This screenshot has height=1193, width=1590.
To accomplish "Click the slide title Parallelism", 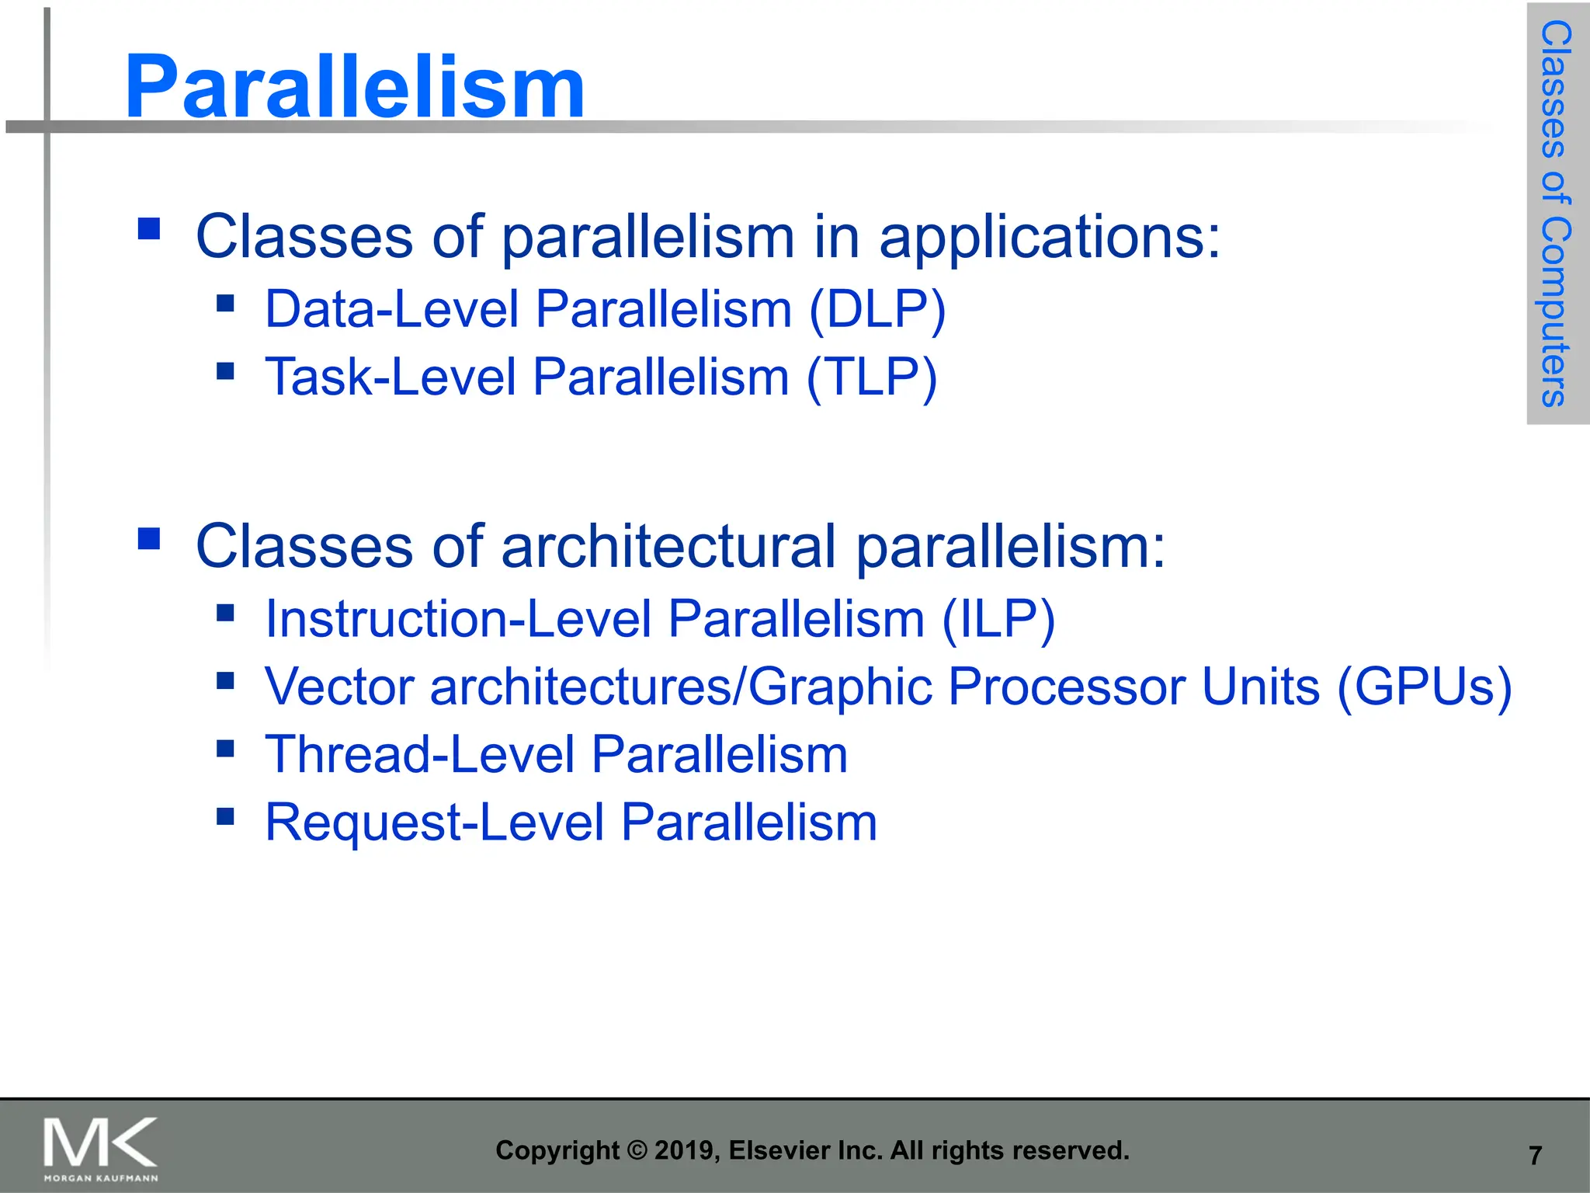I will tap(354, 87).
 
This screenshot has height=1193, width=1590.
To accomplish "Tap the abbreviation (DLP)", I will tap(877, 310).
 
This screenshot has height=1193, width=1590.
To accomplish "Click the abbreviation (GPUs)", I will tap(1424, 687).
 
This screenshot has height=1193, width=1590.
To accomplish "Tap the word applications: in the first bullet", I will tap(1049, 236).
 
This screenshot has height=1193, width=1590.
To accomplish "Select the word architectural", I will tap(668, 546).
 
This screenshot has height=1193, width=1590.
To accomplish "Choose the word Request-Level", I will tap(434, 823).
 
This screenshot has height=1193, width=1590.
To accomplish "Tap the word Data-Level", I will tap(391, 310).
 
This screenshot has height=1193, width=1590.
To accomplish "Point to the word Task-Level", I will tap(390, 378).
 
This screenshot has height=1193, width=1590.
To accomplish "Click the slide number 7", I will tap(1535, 1156).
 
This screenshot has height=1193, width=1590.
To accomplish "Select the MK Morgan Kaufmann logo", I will tap(100, 1148).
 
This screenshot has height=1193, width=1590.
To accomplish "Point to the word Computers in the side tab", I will tap(1555, 311).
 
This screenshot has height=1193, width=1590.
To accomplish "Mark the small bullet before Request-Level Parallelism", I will tap(225, 816).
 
